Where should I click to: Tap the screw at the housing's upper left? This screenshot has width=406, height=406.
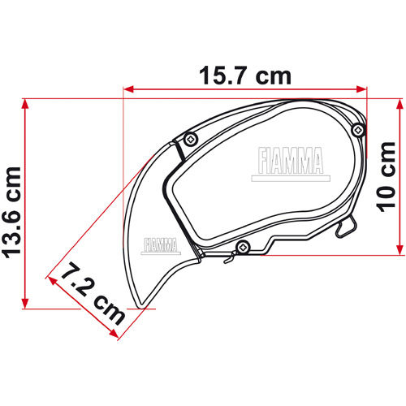point(189,139)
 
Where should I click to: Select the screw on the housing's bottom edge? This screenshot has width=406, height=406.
point(240,246)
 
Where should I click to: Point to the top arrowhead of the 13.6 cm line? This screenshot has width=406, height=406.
point(27,104)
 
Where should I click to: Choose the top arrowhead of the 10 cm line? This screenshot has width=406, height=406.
point(400,104)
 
